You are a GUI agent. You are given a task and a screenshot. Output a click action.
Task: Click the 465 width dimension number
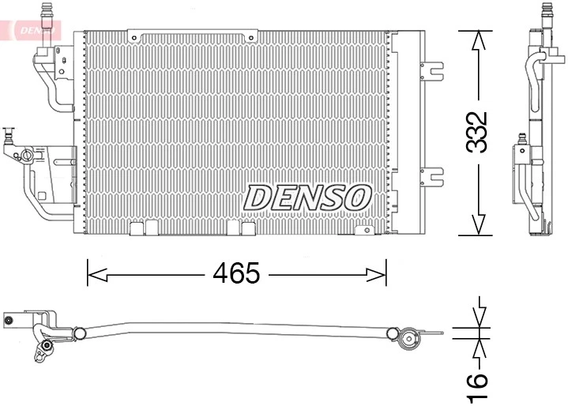[x=236, y=273]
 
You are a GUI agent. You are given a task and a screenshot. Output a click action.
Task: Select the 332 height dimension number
[x=477, y=132]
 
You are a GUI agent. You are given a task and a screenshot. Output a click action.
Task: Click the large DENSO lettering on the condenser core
[x=308, y=197]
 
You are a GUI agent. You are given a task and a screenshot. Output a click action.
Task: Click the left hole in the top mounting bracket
[x=136, y=36]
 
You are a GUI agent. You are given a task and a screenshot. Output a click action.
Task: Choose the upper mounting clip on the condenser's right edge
[x=431, y=70]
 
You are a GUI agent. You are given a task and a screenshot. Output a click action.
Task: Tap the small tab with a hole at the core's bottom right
[x=364, y=230]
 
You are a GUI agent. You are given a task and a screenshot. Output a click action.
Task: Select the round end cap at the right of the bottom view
[x=409, y=340]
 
